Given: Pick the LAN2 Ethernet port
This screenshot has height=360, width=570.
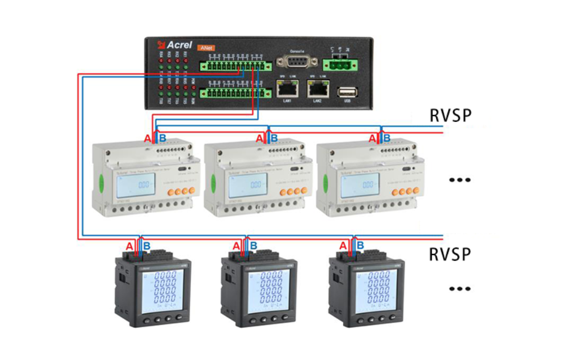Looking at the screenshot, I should click(318, 87).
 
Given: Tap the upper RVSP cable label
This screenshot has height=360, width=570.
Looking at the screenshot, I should click(450, 116).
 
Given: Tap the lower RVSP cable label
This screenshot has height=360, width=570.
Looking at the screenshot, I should click(450, 254).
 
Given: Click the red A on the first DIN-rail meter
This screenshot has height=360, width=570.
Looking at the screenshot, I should click(147, 138).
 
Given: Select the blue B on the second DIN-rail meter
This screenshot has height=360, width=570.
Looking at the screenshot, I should click(274, 138).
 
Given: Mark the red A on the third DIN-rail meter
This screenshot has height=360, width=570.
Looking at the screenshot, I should click(372, 138).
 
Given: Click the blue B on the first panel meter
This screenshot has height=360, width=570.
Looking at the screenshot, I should click(146, 246).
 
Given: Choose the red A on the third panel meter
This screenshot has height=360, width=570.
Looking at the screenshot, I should click(343, 246).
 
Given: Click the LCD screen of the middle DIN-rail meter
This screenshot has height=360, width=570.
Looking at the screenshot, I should click(248, 185).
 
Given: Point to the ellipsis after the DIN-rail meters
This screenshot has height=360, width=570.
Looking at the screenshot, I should click(459, 180).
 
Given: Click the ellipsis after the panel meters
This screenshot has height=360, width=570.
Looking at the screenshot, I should click(459, 289).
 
